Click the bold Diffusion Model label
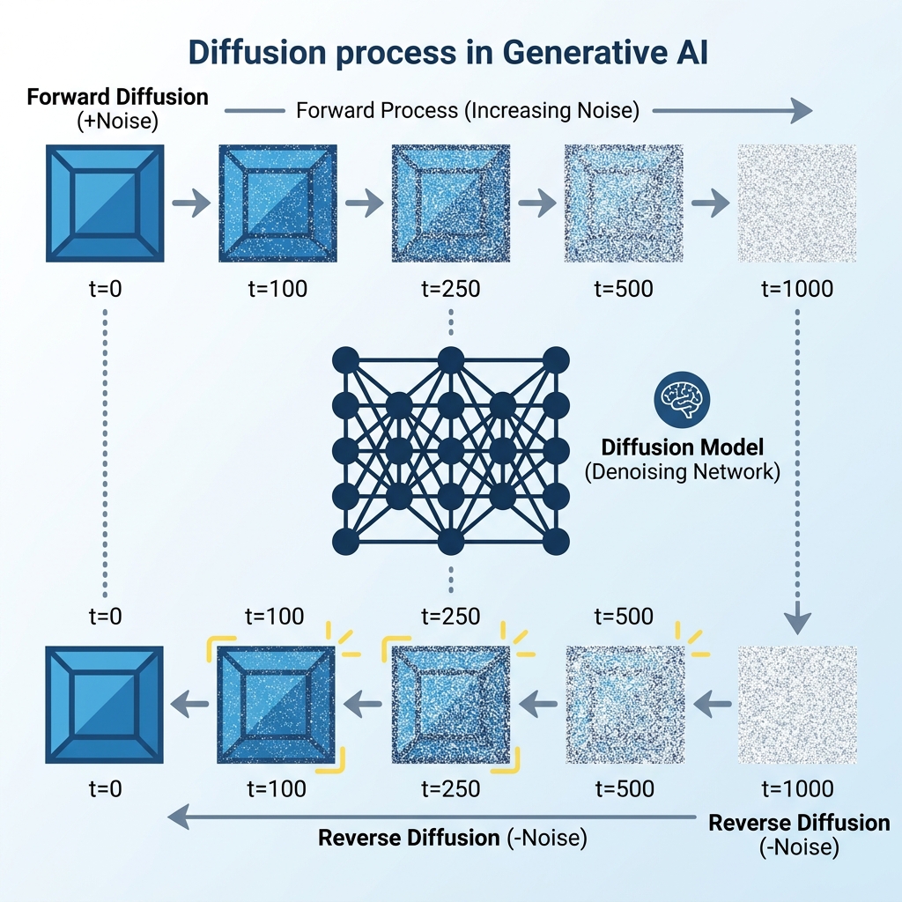click(682, 447)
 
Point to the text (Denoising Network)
click(682, 471)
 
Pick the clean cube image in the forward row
click(105, 203)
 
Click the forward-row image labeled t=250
click(450, 203)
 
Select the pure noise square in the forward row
click(796, 203)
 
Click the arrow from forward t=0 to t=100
click(190, 204)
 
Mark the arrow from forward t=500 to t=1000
click(709, 204)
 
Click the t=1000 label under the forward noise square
click(796, 288)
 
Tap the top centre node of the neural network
click(450, 359)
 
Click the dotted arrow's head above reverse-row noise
click(796, 623)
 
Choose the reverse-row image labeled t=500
click(624, 704)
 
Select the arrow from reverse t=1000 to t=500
click(710, 703)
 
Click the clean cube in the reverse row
click(105, 704)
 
